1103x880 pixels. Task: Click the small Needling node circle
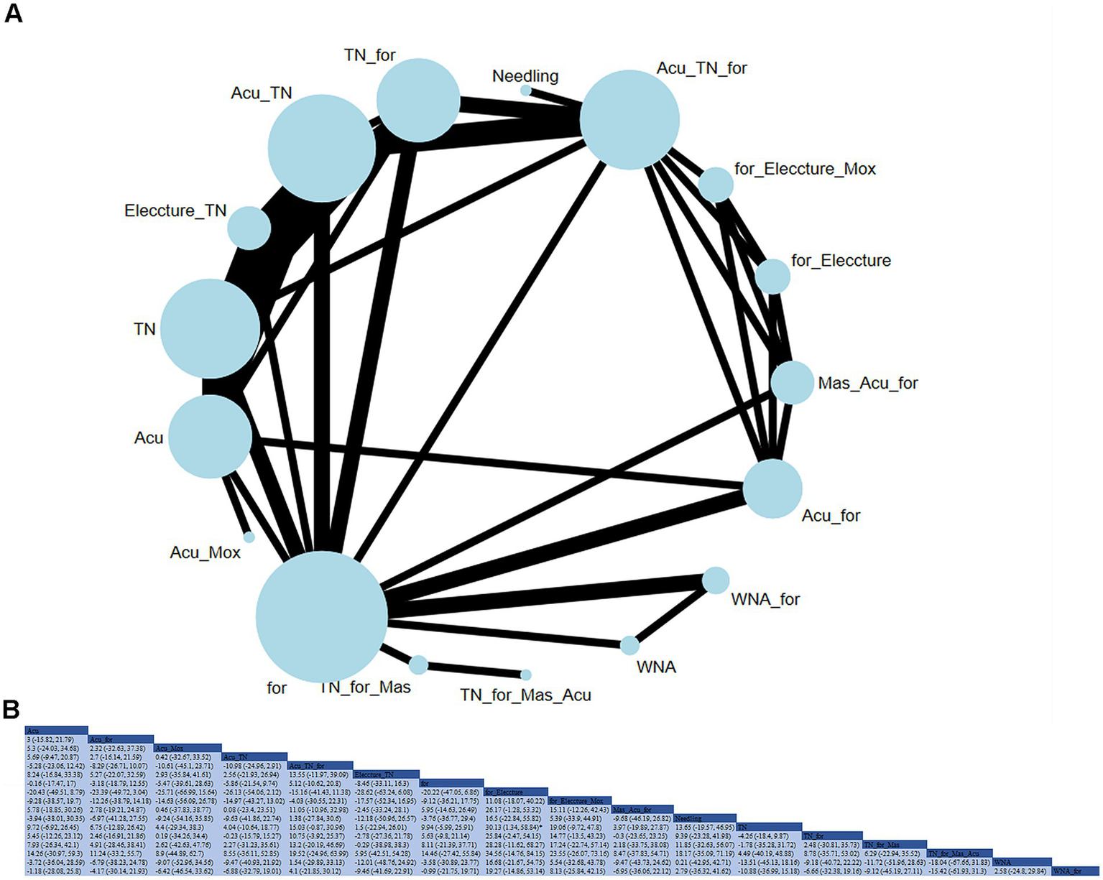(526, 91)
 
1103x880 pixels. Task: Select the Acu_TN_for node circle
(629, 120)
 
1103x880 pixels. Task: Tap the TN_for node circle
(418, 100)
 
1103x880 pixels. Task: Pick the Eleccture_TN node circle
(249, 228)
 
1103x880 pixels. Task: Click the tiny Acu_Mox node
(249, 537)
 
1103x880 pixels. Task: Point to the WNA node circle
(629, 645)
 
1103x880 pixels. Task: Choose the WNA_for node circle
(715, 580)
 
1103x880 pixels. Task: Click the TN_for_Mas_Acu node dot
(526, 675)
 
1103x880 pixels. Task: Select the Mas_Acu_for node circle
(792, 382)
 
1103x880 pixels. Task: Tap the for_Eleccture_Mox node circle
(716, 185)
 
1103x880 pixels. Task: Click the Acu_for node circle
(772, 488)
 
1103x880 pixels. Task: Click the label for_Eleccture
(841, 261)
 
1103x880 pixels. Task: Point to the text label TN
(144, 329)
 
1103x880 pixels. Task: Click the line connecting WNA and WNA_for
(672, 613)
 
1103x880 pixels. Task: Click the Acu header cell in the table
(56, 730)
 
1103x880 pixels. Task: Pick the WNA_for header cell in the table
(1076, 871)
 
